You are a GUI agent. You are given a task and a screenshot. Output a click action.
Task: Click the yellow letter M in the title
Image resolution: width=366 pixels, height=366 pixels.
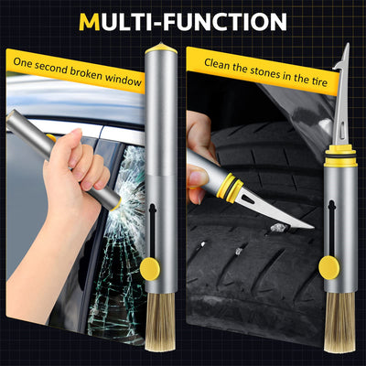point(91,21)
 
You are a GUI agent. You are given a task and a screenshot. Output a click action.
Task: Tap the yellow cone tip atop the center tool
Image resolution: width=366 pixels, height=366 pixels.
point(161,44)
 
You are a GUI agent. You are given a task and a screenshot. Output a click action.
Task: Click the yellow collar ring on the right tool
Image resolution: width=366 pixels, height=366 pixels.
point(340,150)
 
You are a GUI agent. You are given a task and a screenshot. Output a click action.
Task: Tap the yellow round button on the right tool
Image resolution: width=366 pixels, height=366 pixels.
point(328,267)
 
